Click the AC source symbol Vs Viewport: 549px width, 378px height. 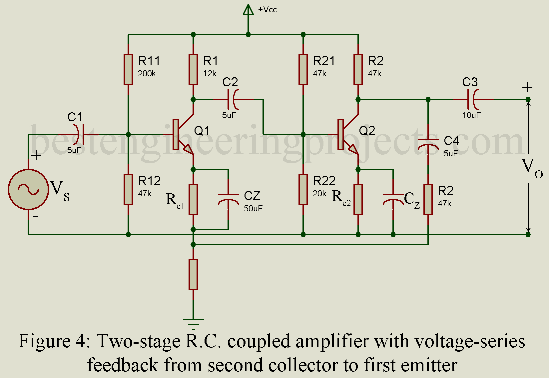pos(28,189)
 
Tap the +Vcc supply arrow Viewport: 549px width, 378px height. pos(248,10)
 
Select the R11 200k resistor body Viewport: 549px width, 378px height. pos(128,69)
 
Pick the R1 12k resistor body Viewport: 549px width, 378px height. pos(193,69)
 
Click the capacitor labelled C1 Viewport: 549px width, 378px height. pos(80,134)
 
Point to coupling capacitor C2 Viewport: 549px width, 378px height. pos(233,99)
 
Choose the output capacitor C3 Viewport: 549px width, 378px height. pos(473,99)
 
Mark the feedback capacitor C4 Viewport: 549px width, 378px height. pos(428,143)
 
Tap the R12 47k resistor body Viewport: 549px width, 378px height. pos(128,189)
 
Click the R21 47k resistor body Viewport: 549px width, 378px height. pos(303,69)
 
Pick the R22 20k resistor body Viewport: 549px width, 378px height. pos(303,189)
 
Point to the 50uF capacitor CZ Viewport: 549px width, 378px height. pos(228,199)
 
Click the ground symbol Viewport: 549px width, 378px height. pos(193,322)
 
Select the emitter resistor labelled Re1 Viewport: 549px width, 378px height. pos(193,199)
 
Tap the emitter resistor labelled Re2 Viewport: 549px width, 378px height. pos(358,199)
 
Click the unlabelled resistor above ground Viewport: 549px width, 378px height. pos(193,274)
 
